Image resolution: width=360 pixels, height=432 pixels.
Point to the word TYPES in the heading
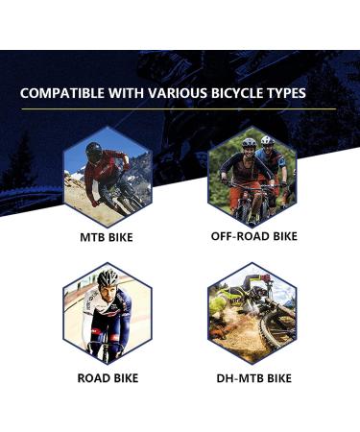pos(287,94)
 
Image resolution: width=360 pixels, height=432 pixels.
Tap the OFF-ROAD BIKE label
pos(253,236)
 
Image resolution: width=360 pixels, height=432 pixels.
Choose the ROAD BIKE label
pos(106,378)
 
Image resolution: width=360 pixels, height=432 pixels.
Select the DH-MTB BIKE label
pos(252,378)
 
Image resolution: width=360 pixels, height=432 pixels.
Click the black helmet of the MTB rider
pos(92,150)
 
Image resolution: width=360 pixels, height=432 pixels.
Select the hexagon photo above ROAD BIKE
pos(106,315)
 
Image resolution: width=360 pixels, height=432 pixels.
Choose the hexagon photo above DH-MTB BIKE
pos(252,315)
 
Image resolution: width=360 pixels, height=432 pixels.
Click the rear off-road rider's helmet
pos(266,141)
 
